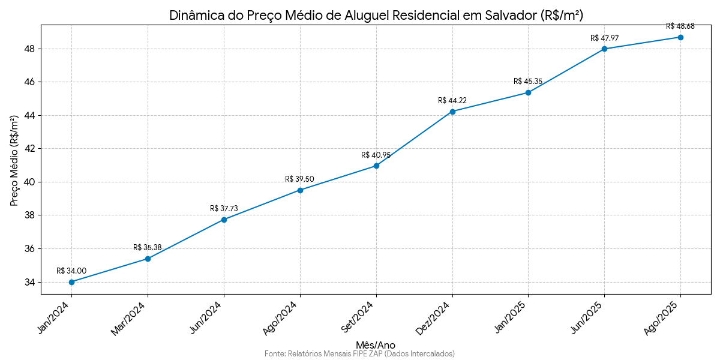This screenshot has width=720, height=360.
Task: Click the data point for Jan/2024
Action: pos(71,282)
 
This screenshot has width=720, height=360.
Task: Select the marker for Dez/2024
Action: pos(452,112)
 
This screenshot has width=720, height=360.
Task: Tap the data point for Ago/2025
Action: pos(680,37)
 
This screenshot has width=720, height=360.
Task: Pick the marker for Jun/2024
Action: pos(224,220)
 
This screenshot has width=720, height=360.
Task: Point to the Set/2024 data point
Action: pos(376,166)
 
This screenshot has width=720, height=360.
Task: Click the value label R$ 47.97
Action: pos(604,38)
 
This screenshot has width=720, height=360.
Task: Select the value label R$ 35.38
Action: pos(148,248)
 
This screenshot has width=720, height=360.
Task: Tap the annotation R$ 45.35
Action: pos(528,82)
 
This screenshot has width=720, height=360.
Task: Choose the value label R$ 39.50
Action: pos(299,179)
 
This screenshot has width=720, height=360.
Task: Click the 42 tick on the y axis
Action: pos(30,149)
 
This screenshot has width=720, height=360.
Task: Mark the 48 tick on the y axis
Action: pos(30,49)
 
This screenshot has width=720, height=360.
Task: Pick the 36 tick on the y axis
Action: pos(30,249)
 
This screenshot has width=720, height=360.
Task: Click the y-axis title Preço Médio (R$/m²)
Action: pos(15,160)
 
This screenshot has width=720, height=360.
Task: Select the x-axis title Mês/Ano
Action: pos(376,345)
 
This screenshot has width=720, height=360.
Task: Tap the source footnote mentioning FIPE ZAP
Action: pos(359,354)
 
